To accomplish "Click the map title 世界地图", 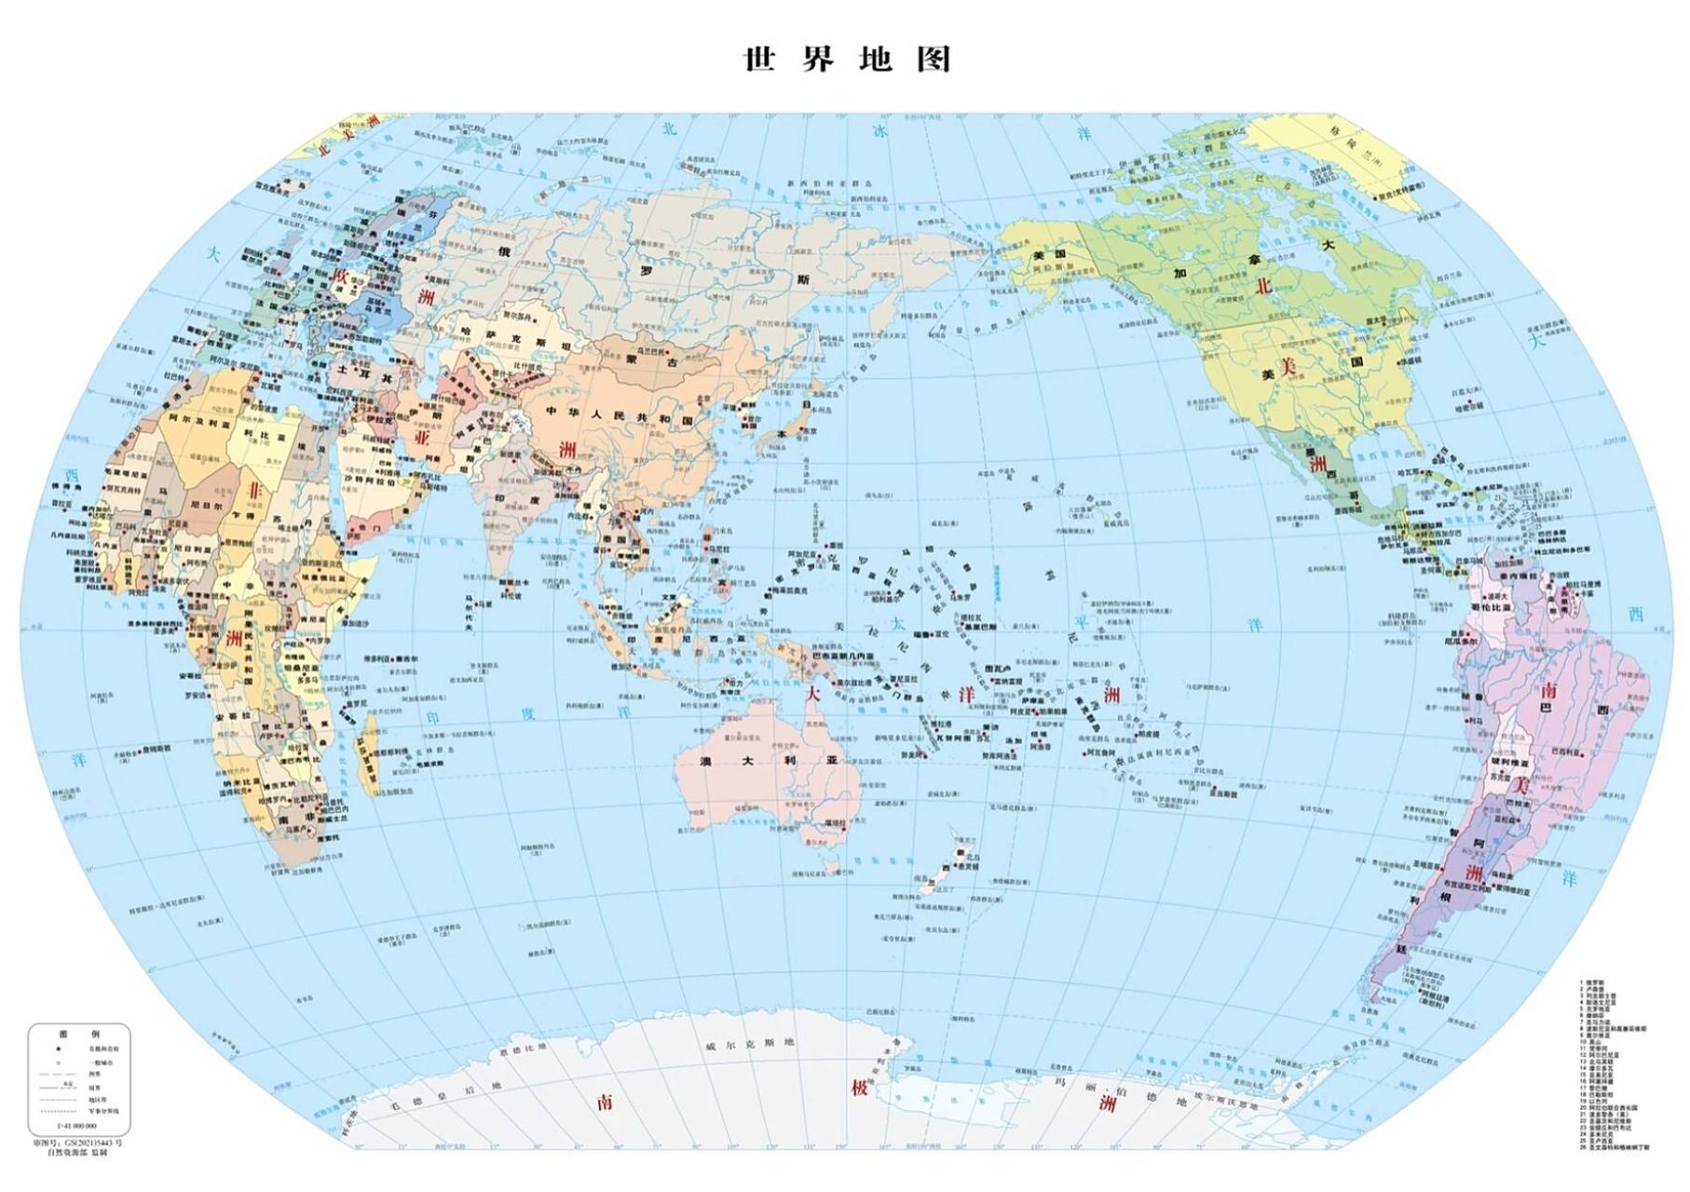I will pyautogui.click(x=846, y=60).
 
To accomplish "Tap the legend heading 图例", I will pyautogui.click(x=79, y=1034).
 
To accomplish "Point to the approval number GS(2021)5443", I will pyautogui.click(x=78, y=1142).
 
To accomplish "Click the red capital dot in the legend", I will pyautogui.click(x=58, y=1049).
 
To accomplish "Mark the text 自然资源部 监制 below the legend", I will pyautogui.click(x=78, y=1153).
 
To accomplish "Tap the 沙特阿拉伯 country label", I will pyautogui.click(x=369, y=482).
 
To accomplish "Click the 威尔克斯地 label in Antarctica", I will pyautogui.click(x=749, y=1044).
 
